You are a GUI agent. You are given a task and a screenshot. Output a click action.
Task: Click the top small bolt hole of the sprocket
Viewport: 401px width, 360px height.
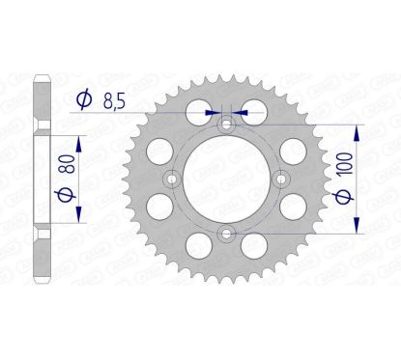[x=226, y=124]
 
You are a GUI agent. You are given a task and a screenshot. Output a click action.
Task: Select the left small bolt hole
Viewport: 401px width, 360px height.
[x=171, y=179]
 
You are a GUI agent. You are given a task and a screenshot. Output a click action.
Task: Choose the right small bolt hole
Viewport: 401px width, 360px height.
[x=281, y=179]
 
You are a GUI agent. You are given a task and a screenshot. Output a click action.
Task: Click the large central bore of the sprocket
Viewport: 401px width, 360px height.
[x=226, y=179]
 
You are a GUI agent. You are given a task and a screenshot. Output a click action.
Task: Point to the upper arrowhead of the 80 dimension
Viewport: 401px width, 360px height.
[x=79, y=138]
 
